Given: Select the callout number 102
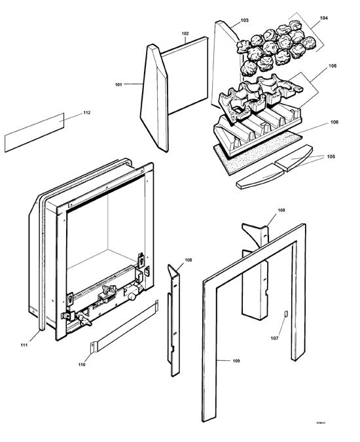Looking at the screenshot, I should (x=185, y=33).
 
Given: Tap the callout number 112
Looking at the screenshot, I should (x=86, y=113).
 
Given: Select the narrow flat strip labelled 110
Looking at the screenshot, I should (x=124, y=330).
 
